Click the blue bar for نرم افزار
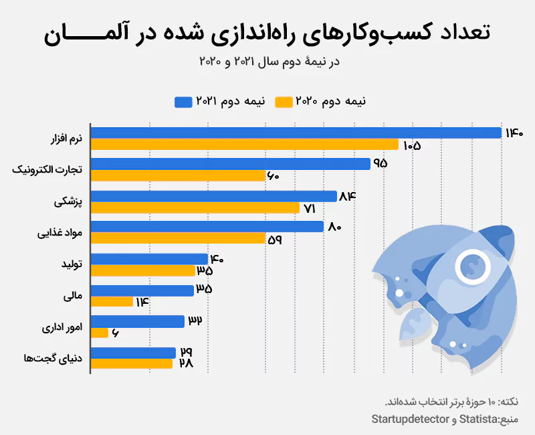(296, 133)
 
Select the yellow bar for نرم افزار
(244, 145)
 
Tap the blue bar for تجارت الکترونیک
(230, 164)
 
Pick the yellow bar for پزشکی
(195, 207)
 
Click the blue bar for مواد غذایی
(207, 227)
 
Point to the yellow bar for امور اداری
(99, 333)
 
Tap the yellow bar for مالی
(112, 302)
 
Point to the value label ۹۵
(381, 164)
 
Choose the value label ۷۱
(309, 208)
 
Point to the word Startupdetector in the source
(413, 419)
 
